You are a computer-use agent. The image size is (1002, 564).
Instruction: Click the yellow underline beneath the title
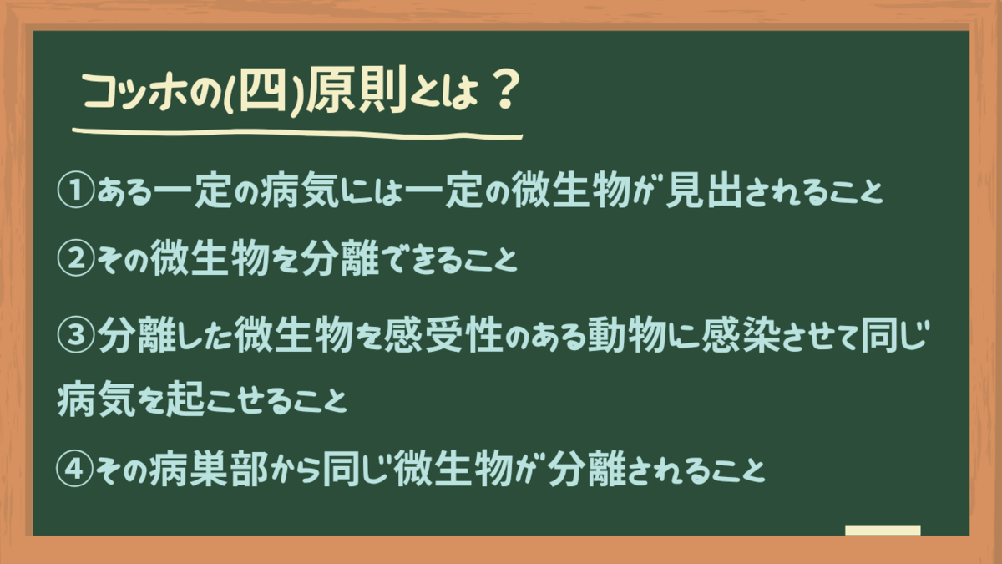click(x=297, y=134)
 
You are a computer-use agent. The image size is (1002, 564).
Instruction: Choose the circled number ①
click(x=76, y=191)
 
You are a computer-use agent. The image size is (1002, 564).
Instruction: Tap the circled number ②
click(x=76, y=258)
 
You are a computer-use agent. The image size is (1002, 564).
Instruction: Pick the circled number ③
click(x=76, y=335)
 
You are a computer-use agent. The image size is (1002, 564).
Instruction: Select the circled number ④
click(x=75, y=469)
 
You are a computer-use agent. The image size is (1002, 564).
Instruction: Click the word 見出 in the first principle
click(x=704, y=190)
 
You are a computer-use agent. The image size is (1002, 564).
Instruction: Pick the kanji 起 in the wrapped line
click(x=185, y=399)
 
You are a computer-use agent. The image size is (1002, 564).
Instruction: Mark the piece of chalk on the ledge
click(x=883, y=530)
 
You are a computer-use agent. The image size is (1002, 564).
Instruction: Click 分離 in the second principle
click(x=340, y=258)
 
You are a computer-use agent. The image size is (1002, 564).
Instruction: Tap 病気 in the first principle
click(x=300, y=191)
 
